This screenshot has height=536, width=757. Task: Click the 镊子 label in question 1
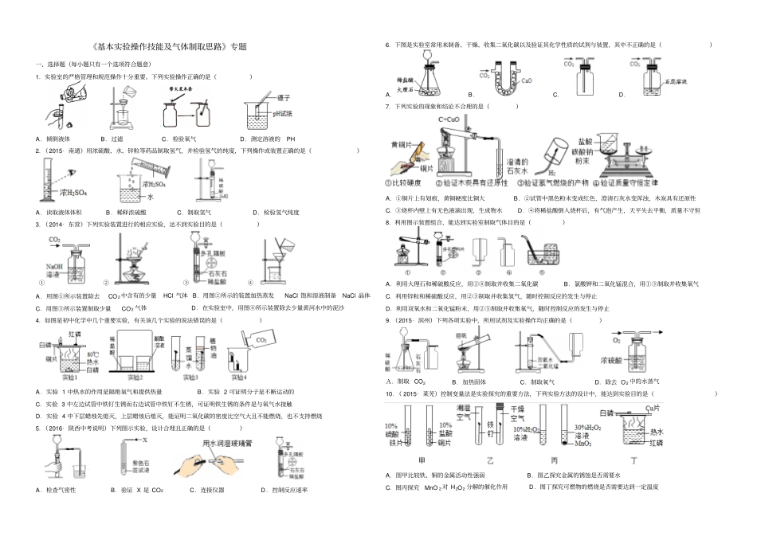pos(284,98)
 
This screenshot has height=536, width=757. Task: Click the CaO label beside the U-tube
pos(527,81)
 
